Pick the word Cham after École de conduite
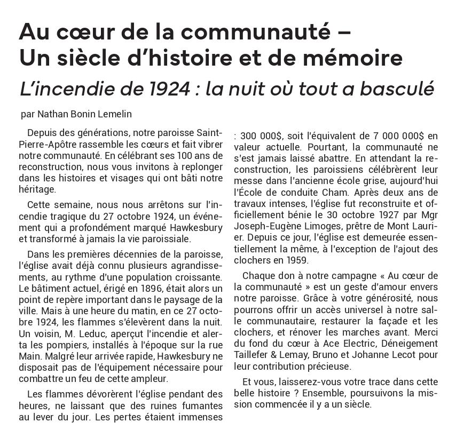coord(337,192)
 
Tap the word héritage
coord(36,189)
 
